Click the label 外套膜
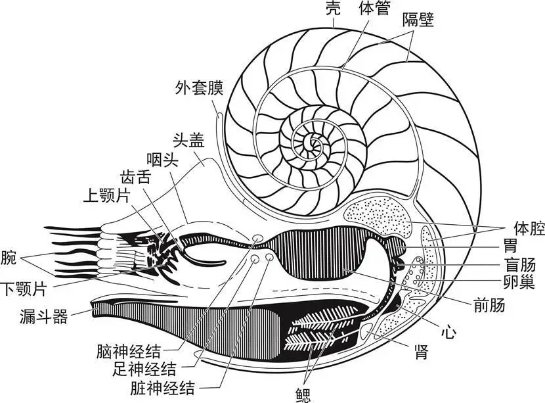pos(199,88)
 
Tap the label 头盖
pos(188,141)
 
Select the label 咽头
pos(163,160)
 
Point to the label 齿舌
pos(136,177)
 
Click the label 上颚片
pos(107,195)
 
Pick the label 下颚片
pos(24,289)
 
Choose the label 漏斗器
pos(44,316)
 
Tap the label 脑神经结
pos(129,352)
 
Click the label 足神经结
pos(144,369)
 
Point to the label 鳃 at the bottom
pos(303,395)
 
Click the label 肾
pos(421,352)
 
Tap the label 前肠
pos(489,306)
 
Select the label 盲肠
pos(519,265)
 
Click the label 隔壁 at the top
pos(418,20)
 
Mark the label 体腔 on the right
pos(529,228)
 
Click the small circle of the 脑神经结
pos(257,239)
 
